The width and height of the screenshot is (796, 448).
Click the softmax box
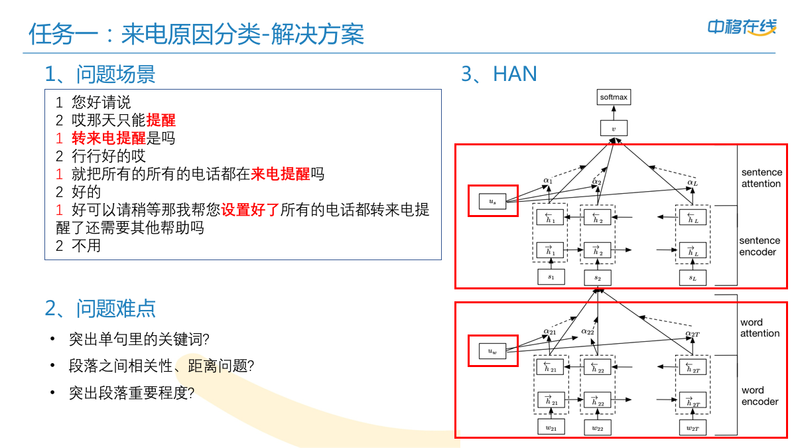614,98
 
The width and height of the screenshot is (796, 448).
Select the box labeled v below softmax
614,128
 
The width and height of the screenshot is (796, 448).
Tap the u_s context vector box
492,200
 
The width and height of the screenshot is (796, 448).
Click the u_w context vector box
492,352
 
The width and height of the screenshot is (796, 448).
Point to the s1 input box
551,277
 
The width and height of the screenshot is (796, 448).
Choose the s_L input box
693,277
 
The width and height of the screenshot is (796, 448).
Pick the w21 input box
551,428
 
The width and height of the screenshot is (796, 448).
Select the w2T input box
693,428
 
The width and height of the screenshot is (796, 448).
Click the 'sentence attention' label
761,178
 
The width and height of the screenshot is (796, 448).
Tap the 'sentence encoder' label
760,246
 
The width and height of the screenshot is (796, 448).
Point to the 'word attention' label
760,328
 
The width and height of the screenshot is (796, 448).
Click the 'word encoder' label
760,396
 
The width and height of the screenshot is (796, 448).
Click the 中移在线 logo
741,27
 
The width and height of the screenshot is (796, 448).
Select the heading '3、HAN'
499,74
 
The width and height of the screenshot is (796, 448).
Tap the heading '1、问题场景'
100,74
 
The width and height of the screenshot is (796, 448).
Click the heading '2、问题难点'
100,309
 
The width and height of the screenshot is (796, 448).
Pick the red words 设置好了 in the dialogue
250,210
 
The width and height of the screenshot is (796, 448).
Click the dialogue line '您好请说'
101,102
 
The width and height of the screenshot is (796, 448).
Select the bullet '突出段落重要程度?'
131,393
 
